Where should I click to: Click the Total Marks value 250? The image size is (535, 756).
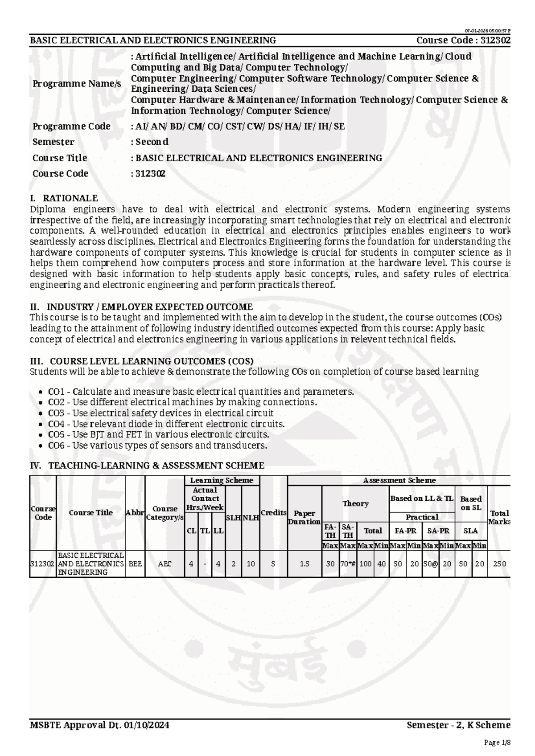[499, 564]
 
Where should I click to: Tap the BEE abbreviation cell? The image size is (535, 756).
[135, 564]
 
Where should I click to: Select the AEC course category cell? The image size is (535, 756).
[165, 564]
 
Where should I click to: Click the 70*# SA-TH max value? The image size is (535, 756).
[348, 564]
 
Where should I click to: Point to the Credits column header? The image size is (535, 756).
[273, 513]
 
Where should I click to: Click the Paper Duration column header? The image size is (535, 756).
[304, 517]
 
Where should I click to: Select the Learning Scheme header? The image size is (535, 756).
[222, 480]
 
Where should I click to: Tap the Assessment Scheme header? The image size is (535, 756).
[399, 480]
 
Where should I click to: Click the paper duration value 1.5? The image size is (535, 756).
[304, 564]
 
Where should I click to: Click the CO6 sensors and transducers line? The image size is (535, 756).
[157, 445]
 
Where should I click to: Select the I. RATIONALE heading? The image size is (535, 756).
[64, 198]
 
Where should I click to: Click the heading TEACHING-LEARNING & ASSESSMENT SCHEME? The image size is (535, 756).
[156, 466]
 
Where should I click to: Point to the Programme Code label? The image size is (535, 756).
[71, 126]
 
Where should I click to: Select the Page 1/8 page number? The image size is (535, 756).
[497, 742]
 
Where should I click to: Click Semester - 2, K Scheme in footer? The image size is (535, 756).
[458, 725]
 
